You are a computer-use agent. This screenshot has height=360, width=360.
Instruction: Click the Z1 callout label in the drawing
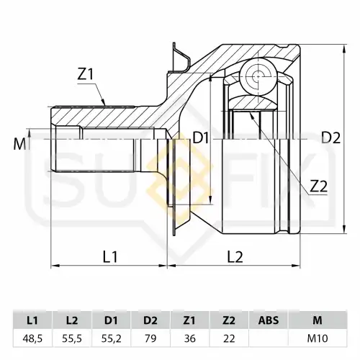[85, 75]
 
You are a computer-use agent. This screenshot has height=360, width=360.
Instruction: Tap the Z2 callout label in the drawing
[318, 186]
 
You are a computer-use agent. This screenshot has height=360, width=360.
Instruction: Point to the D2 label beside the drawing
[330, 138]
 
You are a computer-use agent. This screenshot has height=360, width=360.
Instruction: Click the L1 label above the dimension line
[110, 256]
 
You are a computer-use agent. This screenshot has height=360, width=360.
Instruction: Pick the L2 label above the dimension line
[235, 256]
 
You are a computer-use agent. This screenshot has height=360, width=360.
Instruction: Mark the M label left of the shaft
[19, 144]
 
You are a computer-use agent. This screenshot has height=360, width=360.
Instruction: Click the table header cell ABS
[269, 320]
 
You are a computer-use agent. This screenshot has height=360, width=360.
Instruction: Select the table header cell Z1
[189, 320]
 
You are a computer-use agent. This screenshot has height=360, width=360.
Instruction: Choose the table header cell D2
[150, 320]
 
